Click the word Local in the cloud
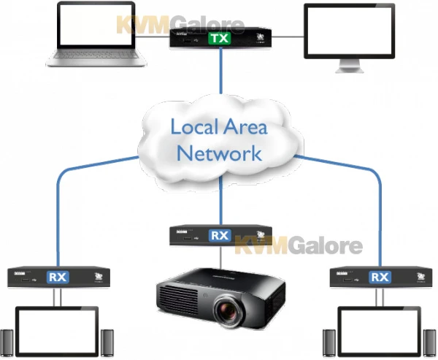[x=195, y=126]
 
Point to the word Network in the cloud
[x=220, y=153]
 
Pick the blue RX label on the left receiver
[x=58, y=277]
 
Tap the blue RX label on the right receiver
[x=380, y=277]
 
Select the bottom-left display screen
[x=58, y=333]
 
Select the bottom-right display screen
[x=380, y=333]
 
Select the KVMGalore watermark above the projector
[x=299, y=245]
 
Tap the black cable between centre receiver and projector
[x=220, y=258]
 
